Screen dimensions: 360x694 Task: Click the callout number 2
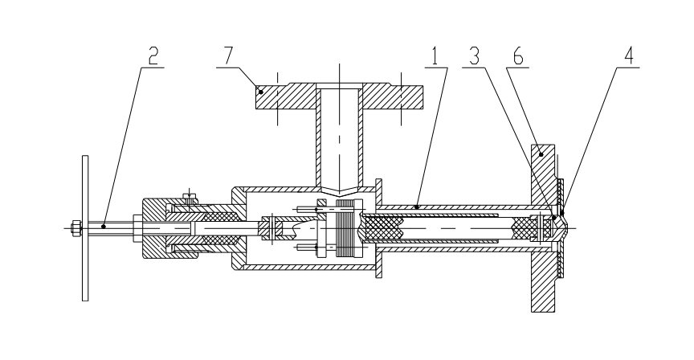tap(153, 56)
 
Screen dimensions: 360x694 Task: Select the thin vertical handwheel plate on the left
tap(84, 227)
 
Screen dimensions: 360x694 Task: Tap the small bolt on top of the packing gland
tap(190, 195)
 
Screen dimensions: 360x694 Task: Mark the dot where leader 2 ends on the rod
tap(103, 227)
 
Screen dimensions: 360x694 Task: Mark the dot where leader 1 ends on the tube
tap(416, 207)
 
